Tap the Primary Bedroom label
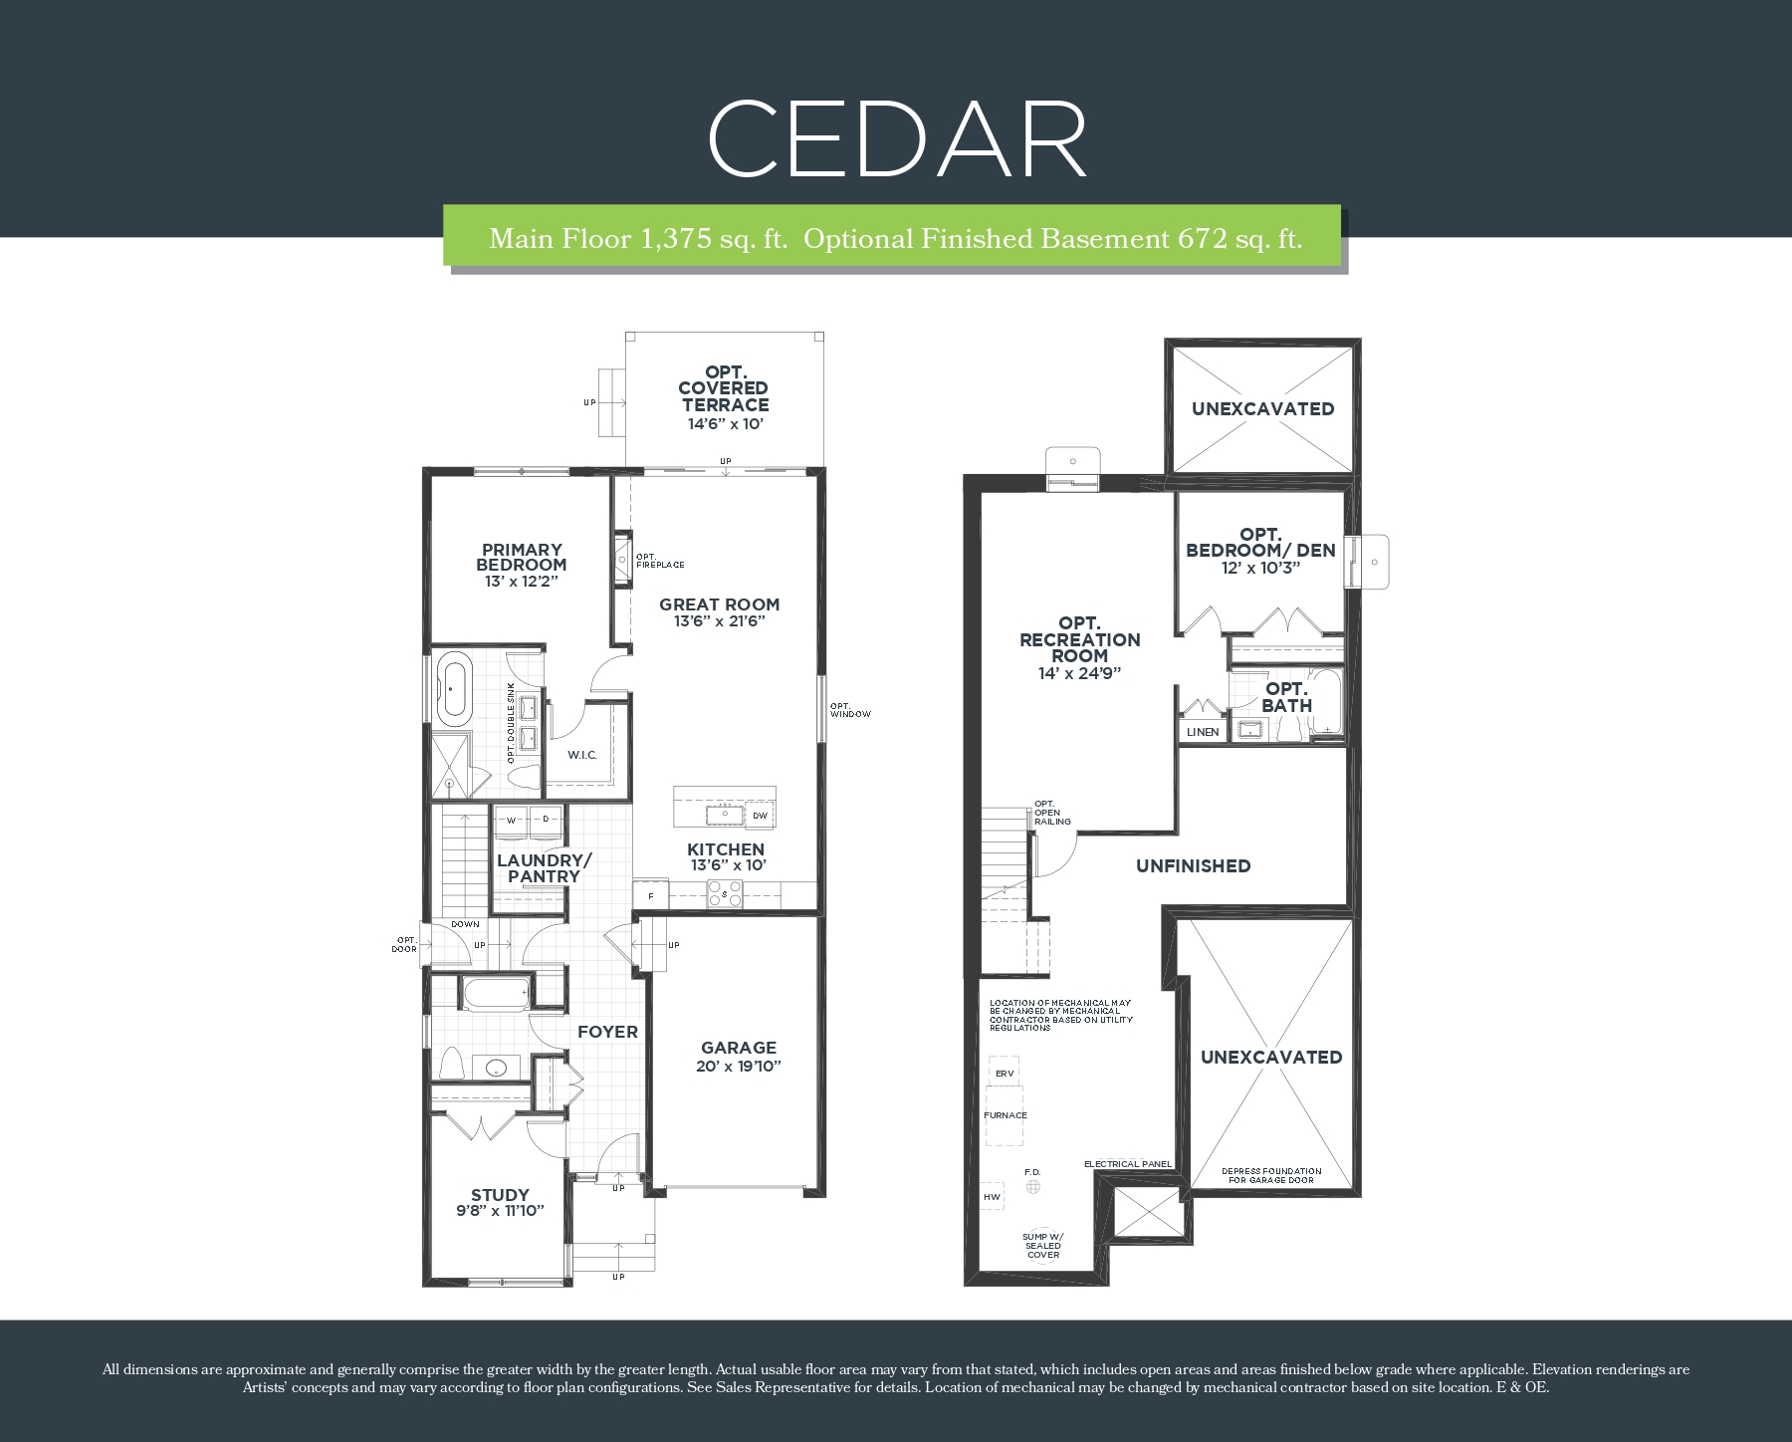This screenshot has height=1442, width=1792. click(x=523, y=557)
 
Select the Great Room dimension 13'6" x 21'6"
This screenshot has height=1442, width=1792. click(x=719, y=621)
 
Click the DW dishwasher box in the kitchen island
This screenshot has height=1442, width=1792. click(x=761, y=816)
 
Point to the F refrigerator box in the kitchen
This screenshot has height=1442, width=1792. click(x=651, y=895)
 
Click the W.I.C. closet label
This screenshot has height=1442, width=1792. click(x=582, y=755)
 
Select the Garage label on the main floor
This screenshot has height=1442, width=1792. click(x=739, y=1048)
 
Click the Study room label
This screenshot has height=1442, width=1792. click(x=500, y=1195)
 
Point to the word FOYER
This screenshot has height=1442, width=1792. click(x=607, y=1032)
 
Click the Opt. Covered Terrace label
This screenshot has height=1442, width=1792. click(x=725, y=388)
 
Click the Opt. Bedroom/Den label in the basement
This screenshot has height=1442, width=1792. click(x=1261, y=543)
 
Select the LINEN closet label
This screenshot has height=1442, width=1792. click(x=1203, y=732)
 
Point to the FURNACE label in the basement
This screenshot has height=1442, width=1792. click(x=1006, y=1115)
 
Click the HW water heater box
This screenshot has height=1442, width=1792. click(x=992, y=1197)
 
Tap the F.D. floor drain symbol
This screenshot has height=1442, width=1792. click(x=1033, y=1186)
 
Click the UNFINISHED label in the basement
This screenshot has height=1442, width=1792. click(x=1194, y=866)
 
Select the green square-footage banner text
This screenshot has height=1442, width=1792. click(x=896, y=239)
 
